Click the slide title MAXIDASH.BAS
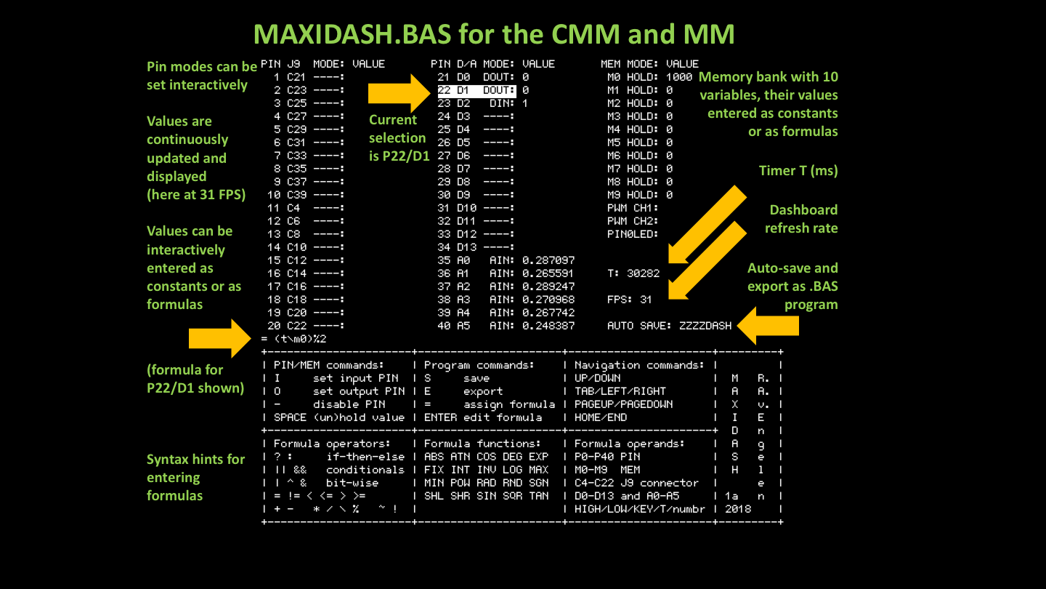pos(494,34)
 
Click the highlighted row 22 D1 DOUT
pos(477,90)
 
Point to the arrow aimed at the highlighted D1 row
pos(399,92)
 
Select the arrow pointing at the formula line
pos(218,338)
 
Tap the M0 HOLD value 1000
pos(679,77)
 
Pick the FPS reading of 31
pos(646,300)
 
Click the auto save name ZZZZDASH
pos(705,326)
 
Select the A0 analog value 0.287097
pos(548,260)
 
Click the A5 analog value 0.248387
pos(548,326)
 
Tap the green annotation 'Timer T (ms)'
pos(798,171)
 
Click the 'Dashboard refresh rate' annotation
pos(802,219)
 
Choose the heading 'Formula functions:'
pos(482,444)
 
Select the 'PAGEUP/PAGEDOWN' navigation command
pos(623,404)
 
